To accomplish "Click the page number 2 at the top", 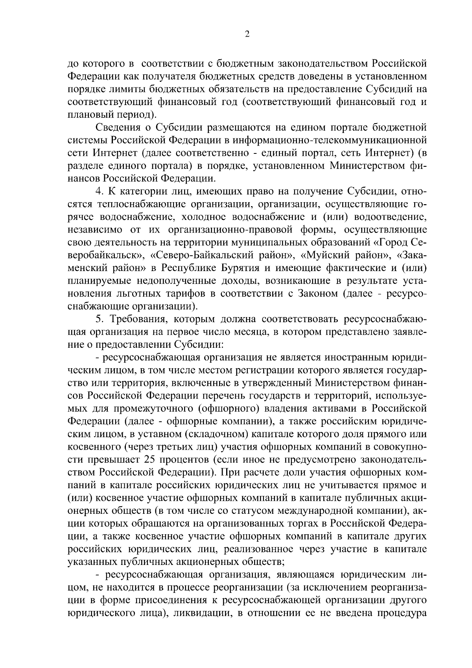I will (247, 35).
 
